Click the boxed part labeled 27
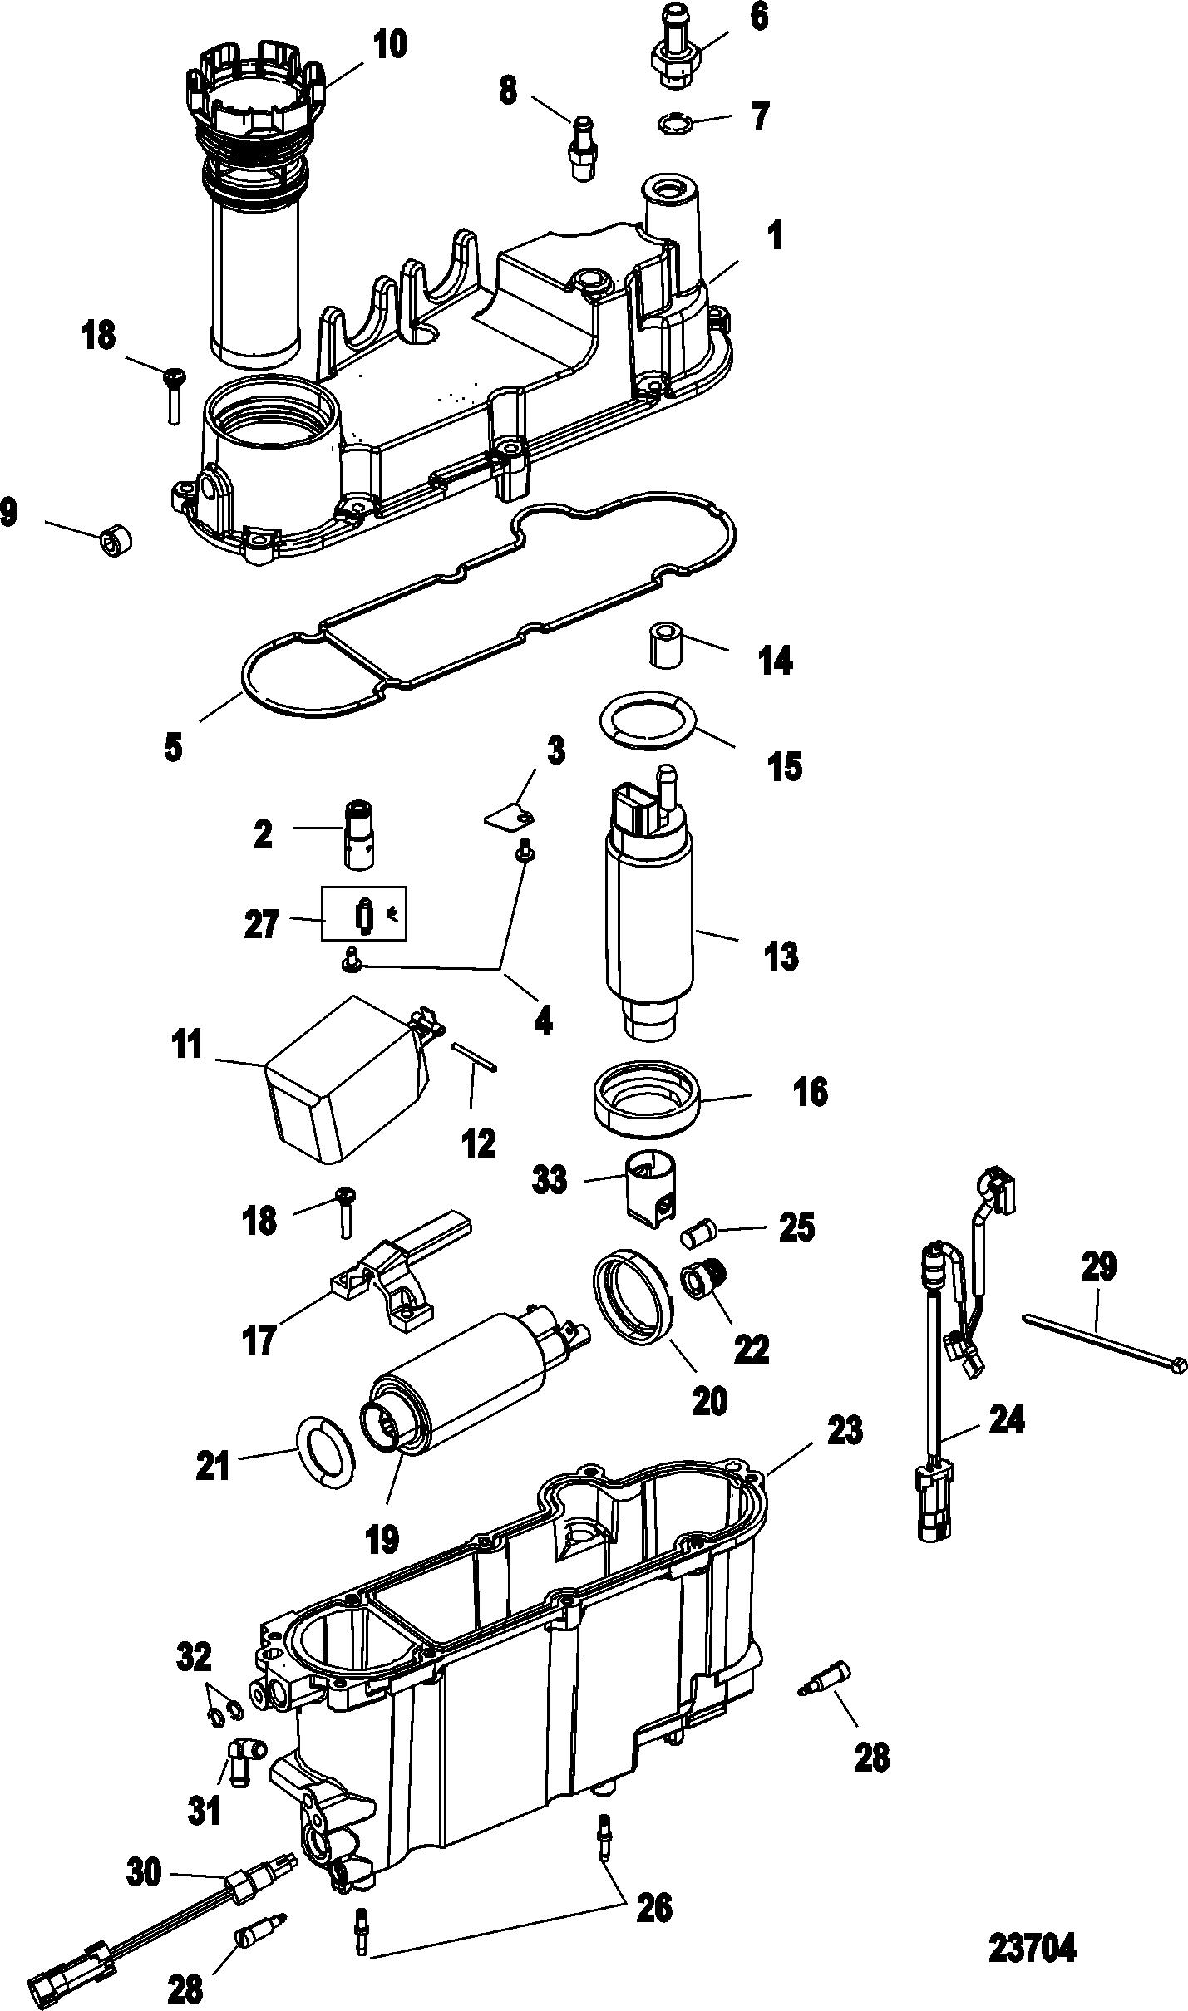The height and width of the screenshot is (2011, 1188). pos(365,913)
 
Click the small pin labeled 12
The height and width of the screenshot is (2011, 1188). pos(475,1057)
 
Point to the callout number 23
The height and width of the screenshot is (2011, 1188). pos(844,1430)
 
